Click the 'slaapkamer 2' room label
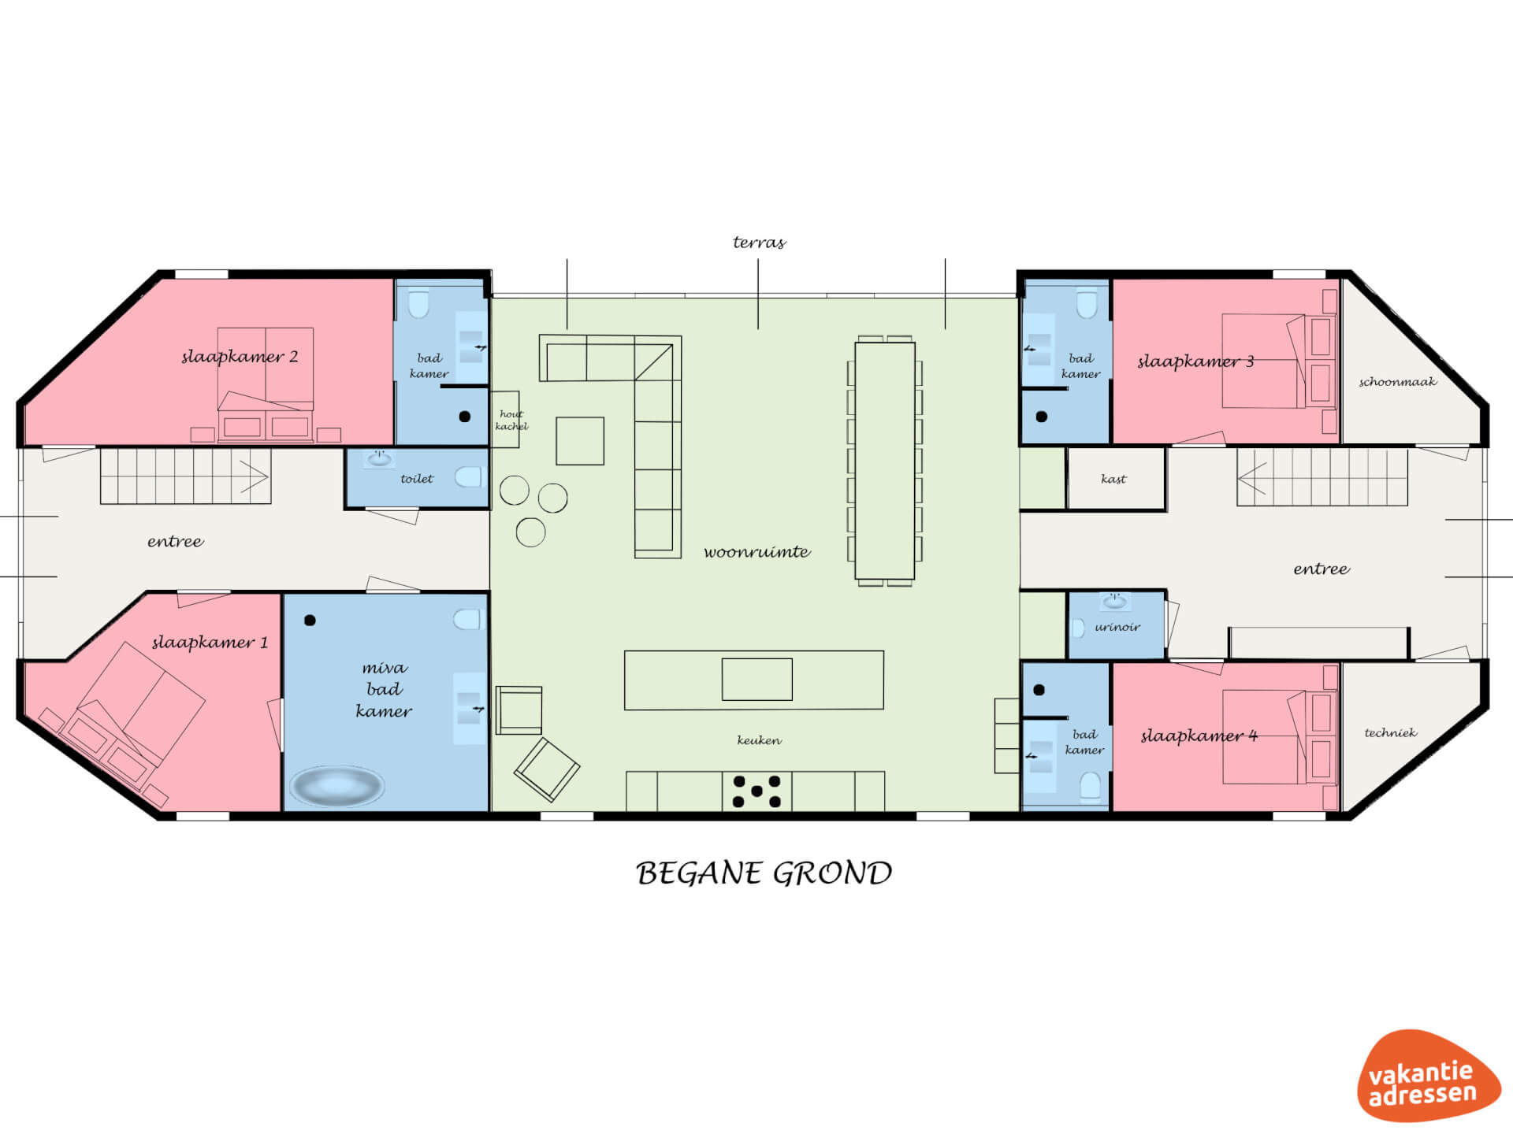point(240,357)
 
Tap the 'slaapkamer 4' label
point(1199,736)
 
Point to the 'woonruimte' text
point(756,552)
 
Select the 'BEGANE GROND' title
point(764,873)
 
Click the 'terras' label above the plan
point(759,243)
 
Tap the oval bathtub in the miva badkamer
point(336,785)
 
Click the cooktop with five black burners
point(756,791)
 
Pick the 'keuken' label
point(759,740)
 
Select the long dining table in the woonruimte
point(885,461)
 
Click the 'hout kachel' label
point(511,420)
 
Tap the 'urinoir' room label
point(1117,627)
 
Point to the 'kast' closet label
point(1113,479)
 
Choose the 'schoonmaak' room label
point(1397,382)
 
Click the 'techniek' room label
point(1390,732)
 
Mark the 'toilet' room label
point(417,479)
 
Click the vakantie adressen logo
point(1429,1076)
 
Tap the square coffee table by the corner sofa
point(580,441)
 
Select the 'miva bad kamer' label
point(384,689)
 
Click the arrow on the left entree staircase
point(255,476)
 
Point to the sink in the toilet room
point(379,458)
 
